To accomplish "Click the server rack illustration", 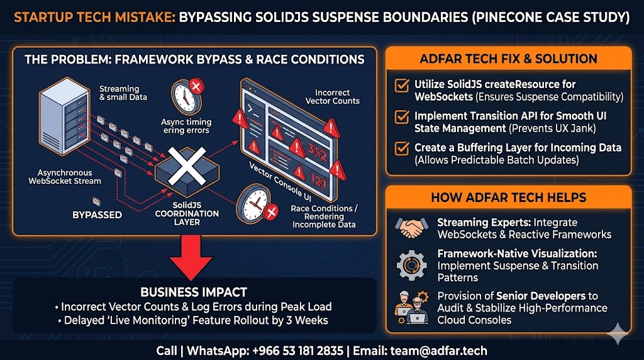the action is coord(64,116).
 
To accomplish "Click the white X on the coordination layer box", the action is coord(187,166).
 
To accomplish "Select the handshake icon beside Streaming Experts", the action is coord(411,228).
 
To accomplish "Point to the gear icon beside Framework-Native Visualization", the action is coord(411,266).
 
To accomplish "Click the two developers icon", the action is coord(411,307).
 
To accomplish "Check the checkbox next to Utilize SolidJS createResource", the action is coord(402,85).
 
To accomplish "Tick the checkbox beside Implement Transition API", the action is coord(402,116).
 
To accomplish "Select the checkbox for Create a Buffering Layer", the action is coord(402,148).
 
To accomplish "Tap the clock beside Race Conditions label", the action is coord(256,205).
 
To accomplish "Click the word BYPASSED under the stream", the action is coord(97,215).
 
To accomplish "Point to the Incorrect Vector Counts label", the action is coord(332,97).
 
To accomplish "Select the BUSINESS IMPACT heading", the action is coord(194,292).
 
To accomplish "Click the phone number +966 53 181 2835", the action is coord(297,351).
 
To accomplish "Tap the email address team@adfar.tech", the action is coord(438,351).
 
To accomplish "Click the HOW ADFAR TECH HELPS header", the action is coord(508,198).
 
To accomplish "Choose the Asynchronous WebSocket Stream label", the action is coord(65,177).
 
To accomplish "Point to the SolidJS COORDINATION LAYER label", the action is coord(187,214).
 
